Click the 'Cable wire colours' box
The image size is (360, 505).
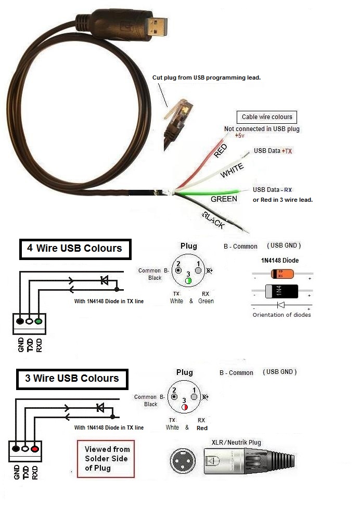pos(267,116)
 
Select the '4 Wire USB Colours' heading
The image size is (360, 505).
pos(75,249)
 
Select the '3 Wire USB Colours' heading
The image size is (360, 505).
pos(72,378)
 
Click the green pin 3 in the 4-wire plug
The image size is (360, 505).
pos(188,281)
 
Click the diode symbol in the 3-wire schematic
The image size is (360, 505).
pos(100,408)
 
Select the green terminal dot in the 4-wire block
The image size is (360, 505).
pos(38,321)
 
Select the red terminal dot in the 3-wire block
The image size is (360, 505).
pos(35,448)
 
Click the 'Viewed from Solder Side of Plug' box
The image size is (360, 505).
pos(106,458)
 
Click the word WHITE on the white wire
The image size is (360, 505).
pos(232,169)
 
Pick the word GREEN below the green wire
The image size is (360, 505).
pos(224,199)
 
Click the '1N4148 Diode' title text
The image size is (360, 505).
pos(280,260)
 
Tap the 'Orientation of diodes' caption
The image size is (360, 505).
pos(281,315)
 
